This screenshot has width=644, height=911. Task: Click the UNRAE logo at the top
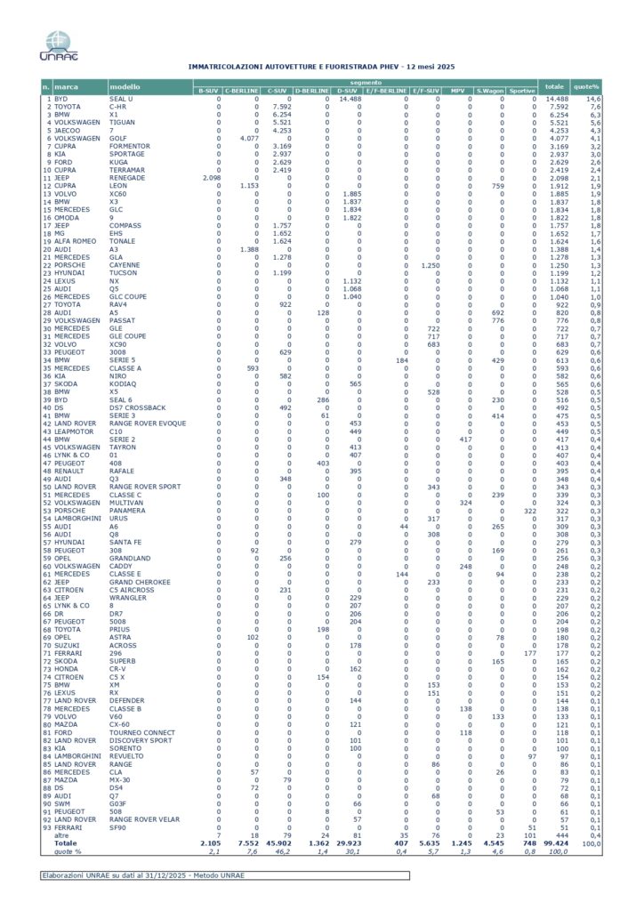(58, 45)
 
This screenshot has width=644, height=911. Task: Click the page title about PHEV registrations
(321, 67)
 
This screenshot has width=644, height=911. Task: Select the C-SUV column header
(275, 91)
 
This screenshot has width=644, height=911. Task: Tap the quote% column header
(587, 86)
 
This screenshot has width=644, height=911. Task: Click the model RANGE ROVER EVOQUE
(149, 423)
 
